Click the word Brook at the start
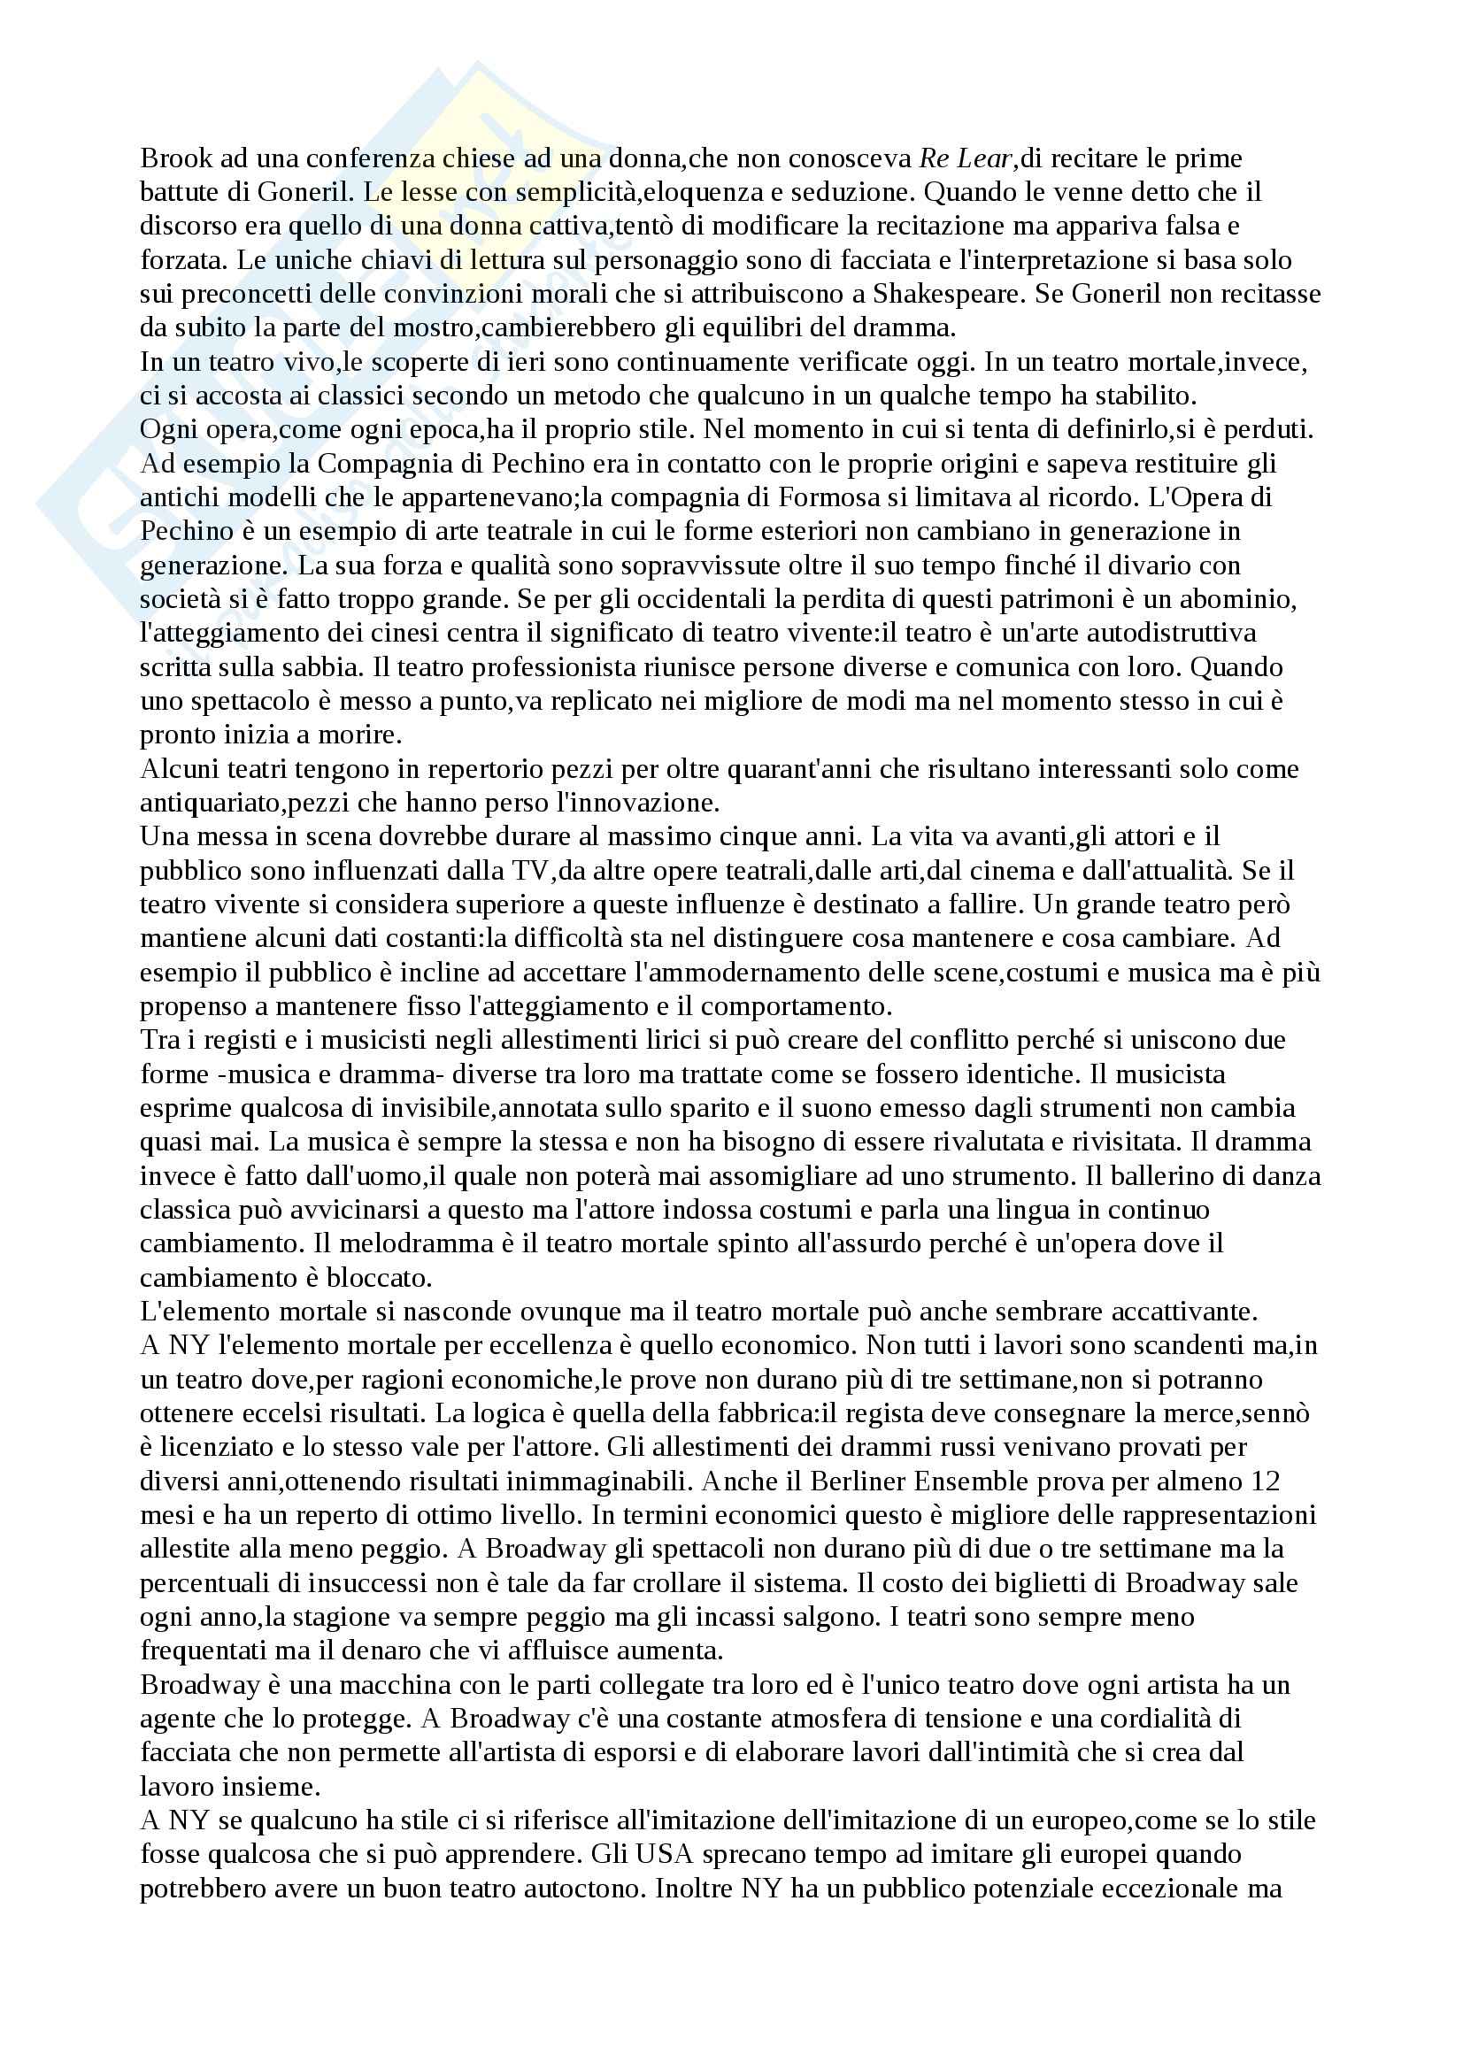point(176,158)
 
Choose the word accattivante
point(1181,1312)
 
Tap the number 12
point(1263,1481)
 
